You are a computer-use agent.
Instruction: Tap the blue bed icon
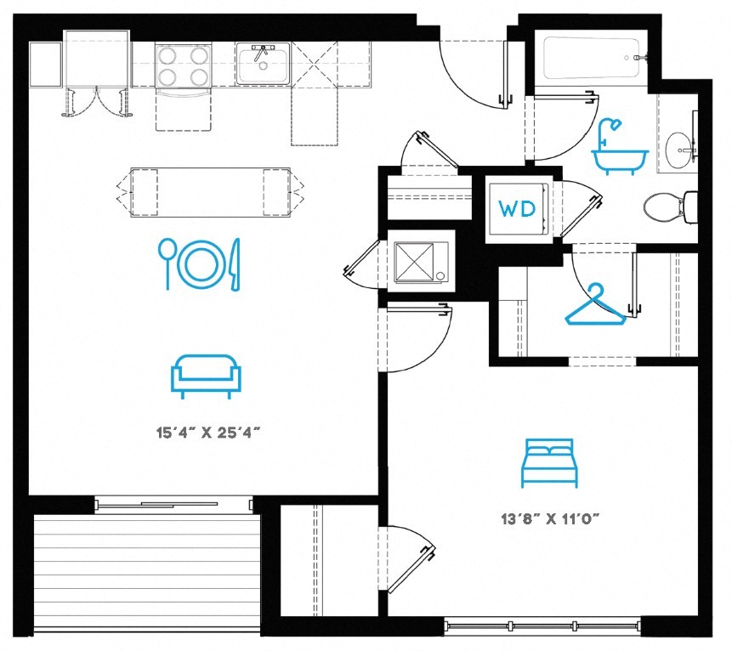[549, 463]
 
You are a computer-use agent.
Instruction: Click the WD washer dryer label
[517, 208]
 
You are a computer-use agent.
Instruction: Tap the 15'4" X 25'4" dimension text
[207, 433]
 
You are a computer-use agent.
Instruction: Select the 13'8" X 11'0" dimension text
[550, 518]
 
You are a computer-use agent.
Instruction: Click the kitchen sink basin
[263, 64]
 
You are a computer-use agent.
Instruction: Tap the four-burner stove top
[184, 65]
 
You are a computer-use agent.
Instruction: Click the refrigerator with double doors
[97, 59]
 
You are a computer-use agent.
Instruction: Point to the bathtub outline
[591, 59]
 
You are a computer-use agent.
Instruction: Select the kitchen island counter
[210, 192]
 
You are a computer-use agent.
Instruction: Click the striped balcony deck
[147, 573]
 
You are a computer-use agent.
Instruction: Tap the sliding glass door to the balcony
[173, 505]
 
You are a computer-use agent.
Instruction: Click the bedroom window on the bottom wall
[542, 626]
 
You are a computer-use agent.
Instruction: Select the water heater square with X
[421, 262]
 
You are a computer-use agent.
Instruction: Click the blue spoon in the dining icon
[167, 263]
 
